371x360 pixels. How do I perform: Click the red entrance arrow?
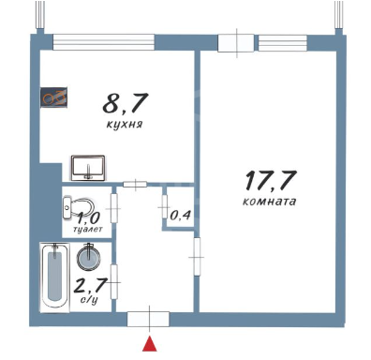150,343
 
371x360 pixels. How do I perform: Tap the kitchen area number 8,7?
125,103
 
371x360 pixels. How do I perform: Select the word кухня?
125,125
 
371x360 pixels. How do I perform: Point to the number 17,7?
271,180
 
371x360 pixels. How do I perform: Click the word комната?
269,201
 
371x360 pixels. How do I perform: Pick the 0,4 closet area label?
180,216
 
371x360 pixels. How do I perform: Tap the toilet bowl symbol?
79,207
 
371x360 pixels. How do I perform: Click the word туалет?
87,230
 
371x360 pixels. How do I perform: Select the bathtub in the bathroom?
54,277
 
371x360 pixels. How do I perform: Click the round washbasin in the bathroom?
90,257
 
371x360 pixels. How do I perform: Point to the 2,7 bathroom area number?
90,285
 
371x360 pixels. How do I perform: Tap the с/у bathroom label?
89,300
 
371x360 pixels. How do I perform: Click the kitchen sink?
88,168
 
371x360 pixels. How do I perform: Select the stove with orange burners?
53,97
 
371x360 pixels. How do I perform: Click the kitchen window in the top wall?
104,42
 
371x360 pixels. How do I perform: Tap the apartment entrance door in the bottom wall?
148,319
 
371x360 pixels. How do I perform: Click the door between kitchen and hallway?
135,185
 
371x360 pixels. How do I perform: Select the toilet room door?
114,208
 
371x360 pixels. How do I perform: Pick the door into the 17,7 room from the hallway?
197,257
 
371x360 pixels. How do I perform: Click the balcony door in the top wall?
236,43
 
